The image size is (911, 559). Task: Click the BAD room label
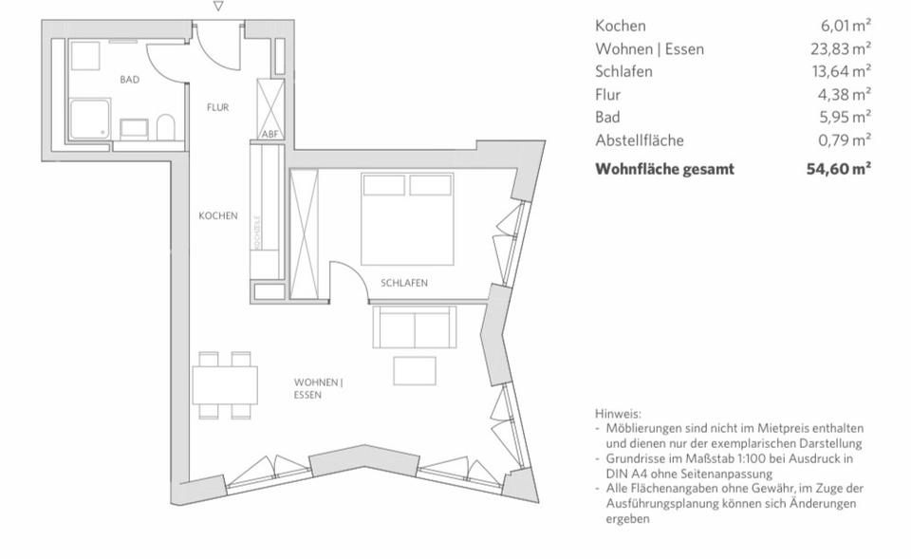(x=129, y=80)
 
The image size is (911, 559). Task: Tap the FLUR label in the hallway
(x=217, y=107)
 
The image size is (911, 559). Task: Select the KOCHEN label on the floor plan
(x=217, y=215)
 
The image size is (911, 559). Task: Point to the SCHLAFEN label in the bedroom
(x=404, y=283)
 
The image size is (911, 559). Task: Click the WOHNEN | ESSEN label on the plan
(x=318, y=388)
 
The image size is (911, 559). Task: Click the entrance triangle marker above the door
(x=218, y=7)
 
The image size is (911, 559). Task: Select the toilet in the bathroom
(x=166, y=127)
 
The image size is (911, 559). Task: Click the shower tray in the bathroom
(x=90, y=121)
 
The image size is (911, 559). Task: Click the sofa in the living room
(x=416, y=327)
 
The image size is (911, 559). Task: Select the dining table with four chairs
(x=225, y=384)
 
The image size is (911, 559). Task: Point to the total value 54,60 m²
(x=839, y=169)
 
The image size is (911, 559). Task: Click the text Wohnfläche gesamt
(x=663, y=169)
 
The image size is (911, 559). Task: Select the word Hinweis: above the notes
(x=618, y=414)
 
